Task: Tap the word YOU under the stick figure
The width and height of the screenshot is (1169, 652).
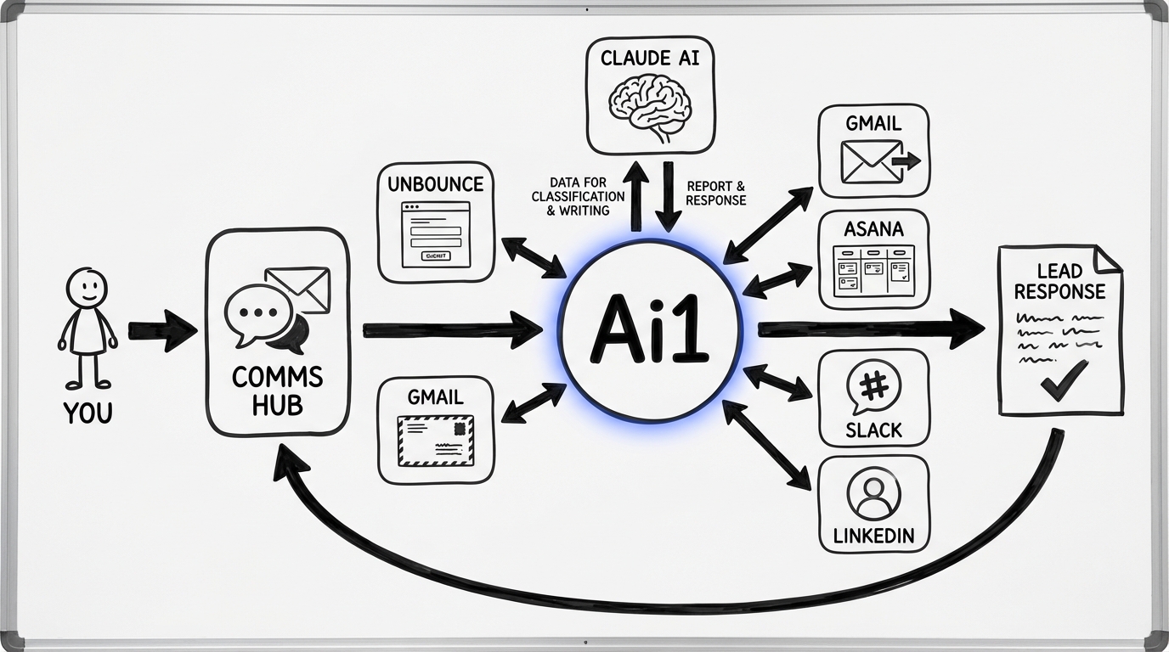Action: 87,413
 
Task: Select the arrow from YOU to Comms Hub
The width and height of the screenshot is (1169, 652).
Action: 162,330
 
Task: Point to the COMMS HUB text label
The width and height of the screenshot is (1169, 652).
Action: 278,391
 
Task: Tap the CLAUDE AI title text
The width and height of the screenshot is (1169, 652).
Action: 651,59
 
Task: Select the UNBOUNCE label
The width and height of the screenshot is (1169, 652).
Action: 436,184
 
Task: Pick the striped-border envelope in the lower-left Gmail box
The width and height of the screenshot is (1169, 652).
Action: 436,440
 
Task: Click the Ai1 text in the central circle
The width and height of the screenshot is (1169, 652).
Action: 650,331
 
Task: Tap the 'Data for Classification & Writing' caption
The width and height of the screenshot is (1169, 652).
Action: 578,196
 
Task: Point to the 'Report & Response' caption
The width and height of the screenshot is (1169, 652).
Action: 715,193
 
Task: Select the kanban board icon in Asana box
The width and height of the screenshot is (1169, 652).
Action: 873,269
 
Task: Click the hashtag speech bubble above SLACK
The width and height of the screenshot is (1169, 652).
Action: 873,387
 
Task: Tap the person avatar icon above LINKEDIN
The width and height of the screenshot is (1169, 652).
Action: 873,494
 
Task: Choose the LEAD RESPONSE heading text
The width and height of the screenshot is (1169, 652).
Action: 1059,282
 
